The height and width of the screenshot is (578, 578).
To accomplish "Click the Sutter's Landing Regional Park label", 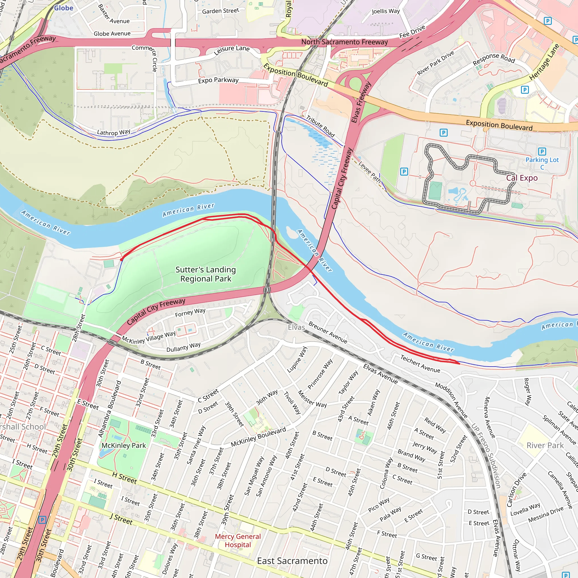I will pyautogui.click(x=205, y=274).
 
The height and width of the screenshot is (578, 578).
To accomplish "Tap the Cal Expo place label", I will pyautogui.click(x=522, y=178).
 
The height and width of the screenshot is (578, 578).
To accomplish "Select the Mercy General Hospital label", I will pyautogui.click(x=238, y=540).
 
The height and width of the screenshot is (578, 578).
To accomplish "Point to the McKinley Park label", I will pyautogui.click(x=124, y=445).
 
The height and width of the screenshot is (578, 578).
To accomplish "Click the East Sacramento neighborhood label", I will pyautogui.click(x=292, y=561).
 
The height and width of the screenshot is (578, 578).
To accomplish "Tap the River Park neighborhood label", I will pyautogui.click(x=545, y=445).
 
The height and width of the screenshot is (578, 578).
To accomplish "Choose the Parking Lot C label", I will pyautogui.click(x=542, y=163).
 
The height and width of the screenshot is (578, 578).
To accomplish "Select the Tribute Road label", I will pyautogui.click(x=320, y=126).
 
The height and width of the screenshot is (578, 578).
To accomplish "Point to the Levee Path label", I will pyautogui.click(x=369, y=172).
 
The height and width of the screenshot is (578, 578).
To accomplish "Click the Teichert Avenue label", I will pyautogui.click(x=420, y=364).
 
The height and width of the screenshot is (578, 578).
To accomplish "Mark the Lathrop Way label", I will pyautogui.click(x=114, y=132).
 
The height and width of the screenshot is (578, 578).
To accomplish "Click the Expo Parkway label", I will pyautogui.click(x=218, y=80).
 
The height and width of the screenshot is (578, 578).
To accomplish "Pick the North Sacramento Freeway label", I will pyautogui.click(x=344, y=42).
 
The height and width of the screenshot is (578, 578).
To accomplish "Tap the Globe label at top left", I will pyautogui.click(x=64, y=8).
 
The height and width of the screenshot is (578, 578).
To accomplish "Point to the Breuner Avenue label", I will pyautogui.click(x=328, y=333).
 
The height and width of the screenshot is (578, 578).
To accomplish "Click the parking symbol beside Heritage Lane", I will pyautogui.click(x=525, y=89).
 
